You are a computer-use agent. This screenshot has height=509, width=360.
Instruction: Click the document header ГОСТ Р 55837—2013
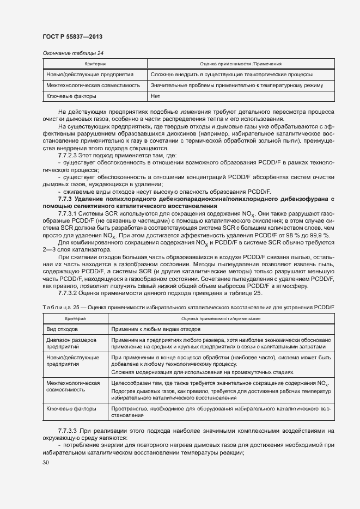[72, 36]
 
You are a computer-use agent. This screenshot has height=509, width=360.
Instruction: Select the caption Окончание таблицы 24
[73, 53]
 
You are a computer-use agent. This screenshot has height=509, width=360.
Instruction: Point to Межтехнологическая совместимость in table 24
[93, 85]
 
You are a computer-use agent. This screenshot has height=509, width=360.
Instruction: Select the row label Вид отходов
[63, 329]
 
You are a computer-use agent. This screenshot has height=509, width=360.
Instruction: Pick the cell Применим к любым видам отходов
[156, 329]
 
